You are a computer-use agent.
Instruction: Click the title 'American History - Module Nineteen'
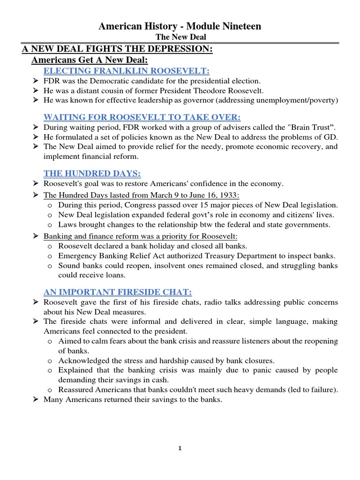180,27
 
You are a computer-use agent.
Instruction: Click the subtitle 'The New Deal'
180,37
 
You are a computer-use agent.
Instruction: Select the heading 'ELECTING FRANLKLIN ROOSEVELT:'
127,71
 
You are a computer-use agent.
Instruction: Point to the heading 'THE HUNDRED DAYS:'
86,173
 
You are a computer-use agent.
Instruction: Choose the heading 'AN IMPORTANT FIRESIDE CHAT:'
118,292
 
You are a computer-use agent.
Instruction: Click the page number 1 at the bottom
180,448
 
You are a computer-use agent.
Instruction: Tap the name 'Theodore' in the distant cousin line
204,90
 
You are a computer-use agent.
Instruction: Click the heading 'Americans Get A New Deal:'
89,60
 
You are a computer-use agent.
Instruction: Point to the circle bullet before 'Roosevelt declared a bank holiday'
50,246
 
